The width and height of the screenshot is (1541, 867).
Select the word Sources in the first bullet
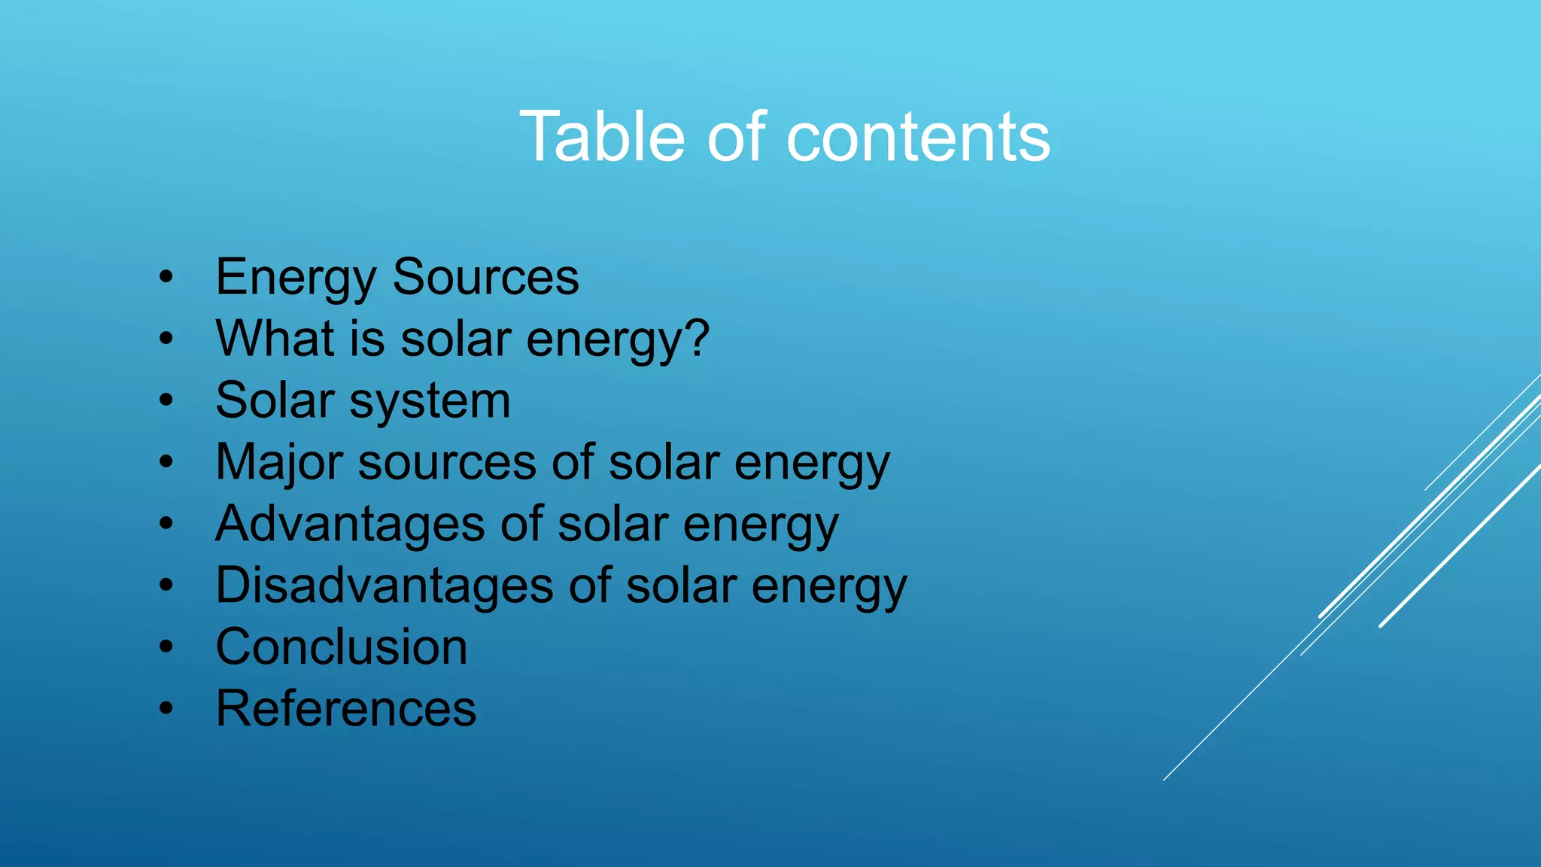[x=485, y=277]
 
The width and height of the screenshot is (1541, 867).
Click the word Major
[x=279, y=463]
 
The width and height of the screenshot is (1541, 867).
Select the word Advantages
[x=350, y=525]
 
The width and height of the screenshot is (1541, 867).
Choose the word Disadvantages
[x=384, y=586]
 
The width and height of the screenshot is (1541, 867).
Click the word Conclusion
[x=342, y=647]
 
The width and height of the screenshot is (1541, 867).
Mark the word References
[x=346, y=708]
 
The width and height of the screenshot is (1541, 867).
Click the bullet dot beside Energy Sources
[x=166, y=277]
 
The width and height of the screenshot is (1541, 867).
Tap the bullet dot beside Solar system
[x=166, y=400]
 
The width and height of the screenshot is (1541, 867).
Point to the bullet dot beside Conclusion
[x=166, y=646]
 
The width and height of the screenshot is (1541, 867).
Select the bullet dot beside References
[x=166, y=708]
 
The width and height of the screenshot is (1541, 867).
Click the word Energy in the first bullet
[x=296, y=278]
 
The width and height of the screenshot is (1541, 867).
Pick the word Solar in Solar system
[x=275, y=400]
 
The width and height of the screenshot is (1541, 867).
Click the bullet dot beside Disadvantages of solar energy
[x=166, y=585]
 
